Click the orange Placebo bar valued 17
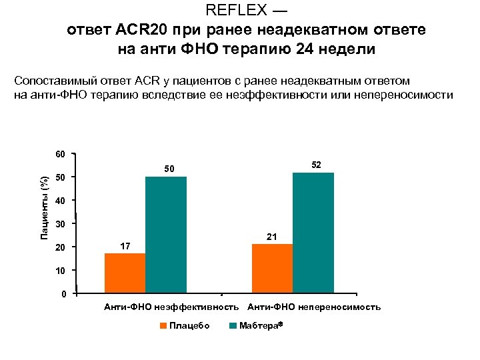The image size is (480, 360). pos(125,273)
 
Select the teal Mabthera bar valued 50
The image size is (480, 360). pos(166,234)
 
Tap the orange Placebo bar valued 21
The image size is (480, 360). pos(272,268)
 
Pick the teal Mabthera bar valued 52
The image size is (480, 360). pos(313,232)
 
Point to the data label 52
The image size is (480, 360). pos(316,164)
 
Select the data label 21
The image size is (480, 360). pos(271,237)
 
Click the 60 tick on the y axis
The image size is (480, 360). pos(60,155)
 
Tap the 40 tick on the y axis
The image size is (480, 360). pos(60,201)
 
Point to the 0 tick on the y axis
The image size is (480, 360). pos(63,294)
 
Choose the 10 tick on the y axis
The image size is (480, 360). pos(60,271)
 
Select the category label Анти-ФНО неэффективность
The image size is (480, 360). pos(171,307)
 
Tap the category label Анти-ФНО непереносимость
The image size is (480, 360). pos(314,307)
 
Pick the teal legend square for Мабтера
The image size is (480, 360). pos(233,325)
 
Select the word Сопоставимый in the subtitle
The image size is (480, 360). pos(53,81)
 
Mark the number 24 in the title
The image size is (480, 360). pos(309,49)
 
